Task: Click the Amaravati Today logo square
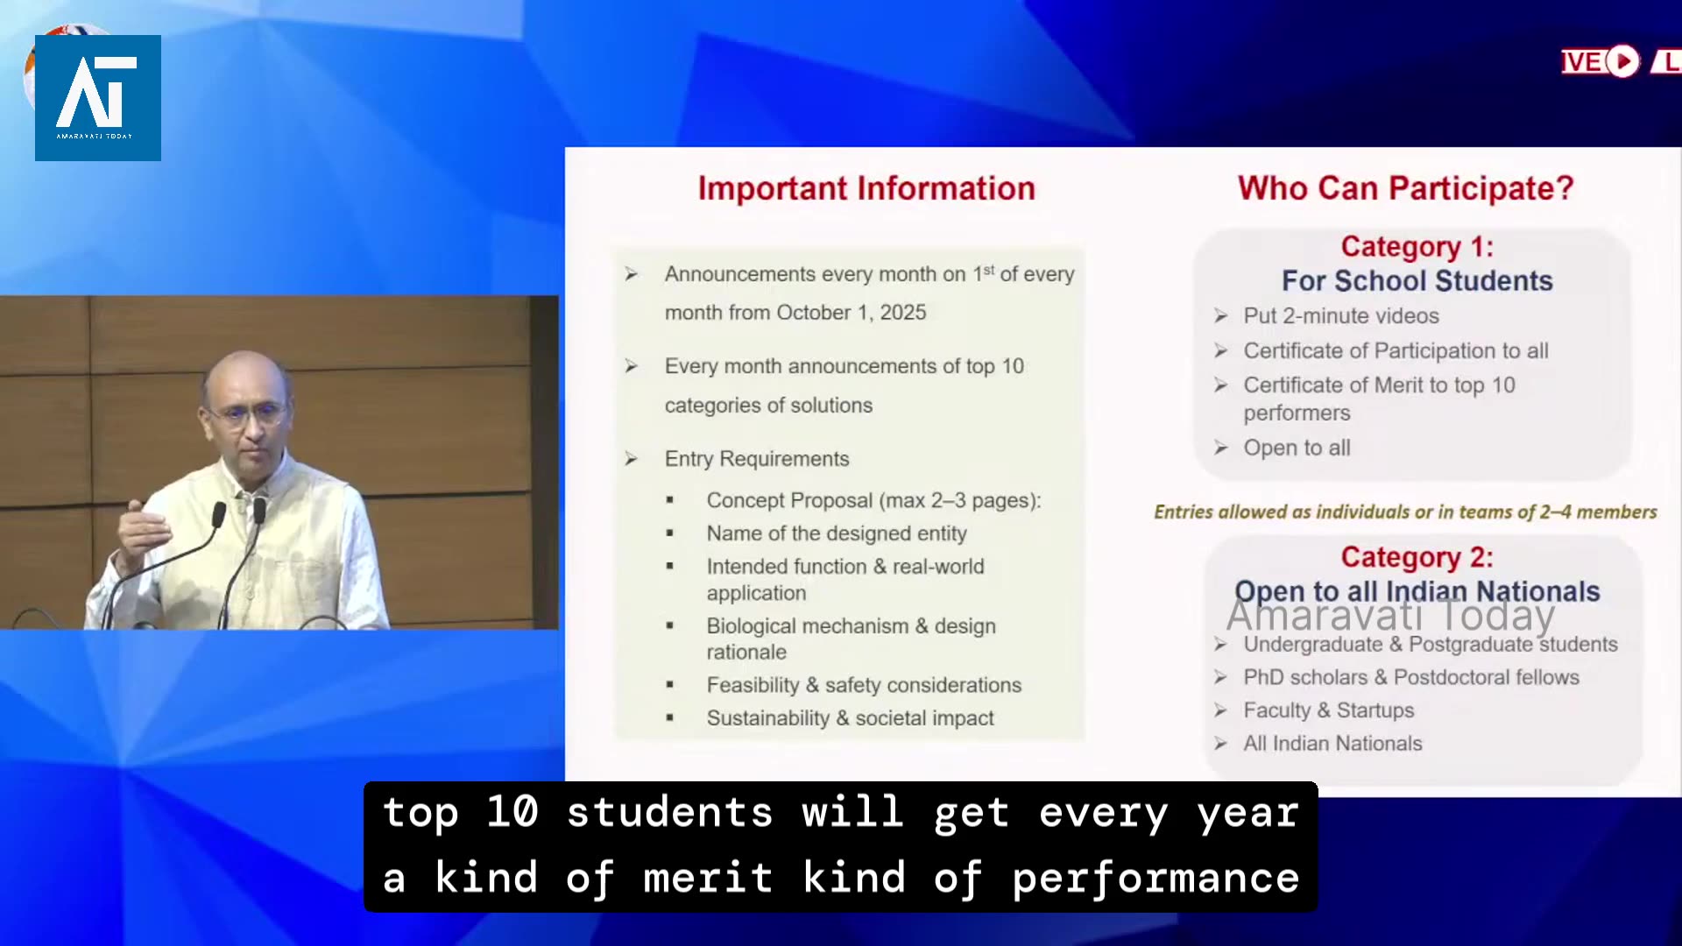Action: (98, 98)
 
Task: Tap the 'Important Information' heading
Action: (866, 188)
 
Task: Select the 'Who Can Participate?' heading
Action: (1405, 188)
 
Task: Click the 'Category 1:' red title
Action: (1417, 247)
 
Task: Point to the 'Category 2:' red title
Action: (1417, 557)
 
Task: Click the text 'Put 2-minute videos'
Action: (1341, 315)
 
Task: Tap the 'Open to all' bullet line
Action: (1297, 448)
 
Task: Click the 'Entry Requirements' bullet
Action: (757, 459)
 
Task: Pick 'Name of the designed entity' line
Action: (837, 533)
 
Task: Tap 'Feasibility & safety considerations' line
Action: (864, 685)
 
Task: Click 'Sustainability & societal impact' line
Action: (850, 718)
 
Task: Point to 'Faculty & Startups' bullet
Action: (1328, 710)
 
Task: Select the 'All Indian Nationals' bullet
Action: (1332, 744)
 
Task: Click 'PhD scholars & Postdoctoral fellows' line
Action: (1411, 677)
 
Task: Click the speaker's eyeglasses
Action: (247, 414)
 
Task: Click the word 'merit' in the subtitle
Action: (708, 878)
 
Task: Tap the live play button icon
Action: (1623, 61)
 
